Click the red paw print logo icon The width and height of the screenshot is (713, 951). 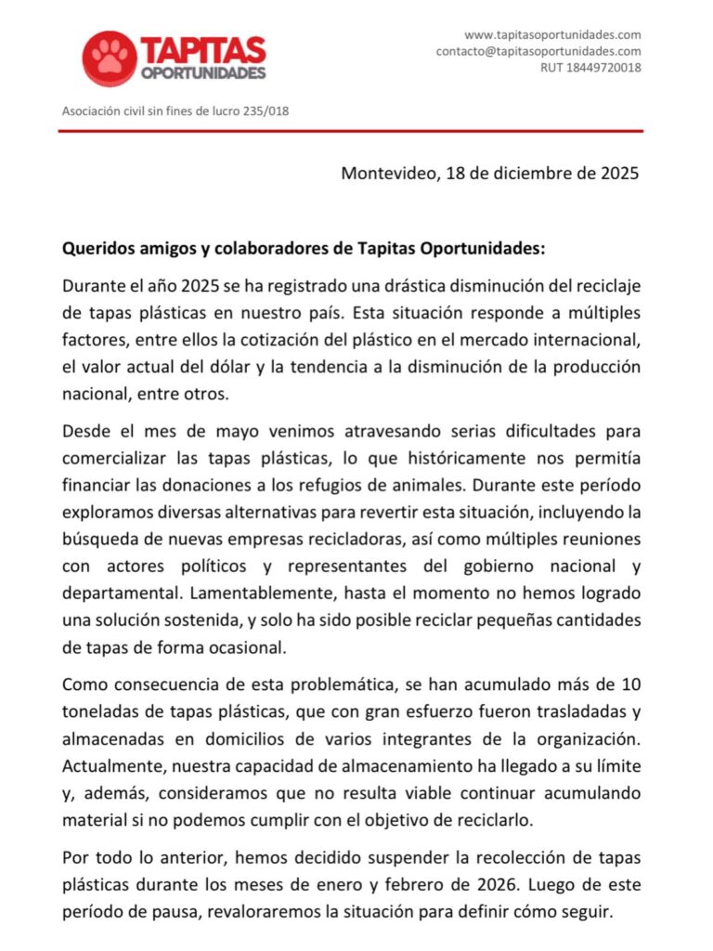[110, 58]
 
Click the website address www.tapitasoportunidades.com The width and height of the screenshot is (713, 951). [552, 34]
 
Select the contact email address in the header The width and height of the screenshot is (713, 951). [538, 51]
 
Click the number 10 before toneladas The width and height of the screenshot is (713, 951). [631, 685]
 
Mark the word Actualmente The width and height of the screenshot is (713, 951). [111, 766]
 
